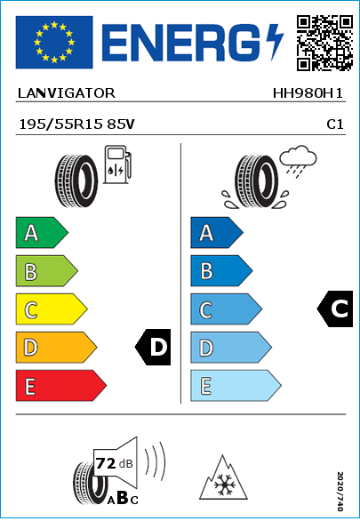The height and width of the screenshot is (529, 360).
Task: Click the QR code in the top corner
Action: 324,43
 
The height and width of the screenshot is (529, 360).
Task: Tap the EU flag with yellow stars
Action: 54,42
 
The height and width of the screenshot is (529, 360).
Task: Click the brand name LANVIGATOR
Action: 67,93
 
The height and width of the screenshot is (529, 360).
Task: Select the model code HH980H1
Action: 308,93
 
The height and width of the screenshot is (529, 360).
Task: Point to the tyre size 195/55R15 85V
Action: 76,124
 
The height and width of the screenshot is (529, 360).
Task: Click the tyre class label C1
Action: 335,124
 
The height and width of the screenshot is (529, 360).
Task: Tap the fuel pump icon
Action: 117,164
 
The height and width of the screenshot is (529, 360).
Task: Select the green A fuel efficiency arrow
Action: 42,233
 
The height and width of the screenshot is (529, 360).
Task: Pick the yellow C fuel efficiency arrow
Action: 52,309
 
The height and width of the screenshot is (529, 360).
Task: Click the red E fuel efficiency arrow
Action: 60,386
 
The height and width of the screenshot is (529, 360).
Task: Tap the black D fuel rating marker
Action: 154,347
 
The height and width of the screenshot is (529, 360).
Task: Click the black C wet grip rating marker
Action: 336,309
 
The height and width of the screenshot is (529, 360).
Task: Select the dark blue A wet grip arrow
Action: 217,233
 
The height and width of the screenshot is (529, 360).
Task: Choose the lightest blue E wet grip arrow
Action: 236,386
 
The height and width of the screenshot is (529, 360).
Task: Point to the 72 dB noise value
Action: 115,463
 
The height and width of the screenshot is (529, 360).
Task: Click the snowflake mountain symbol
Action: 223,477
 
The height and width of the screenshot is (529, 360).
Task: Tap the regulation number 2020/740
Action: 340,492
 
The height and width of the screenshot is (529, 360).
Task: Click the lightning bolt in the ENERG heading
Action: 276,42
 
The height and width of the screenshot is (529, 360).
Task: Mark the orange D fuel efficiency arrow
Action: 56,348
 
